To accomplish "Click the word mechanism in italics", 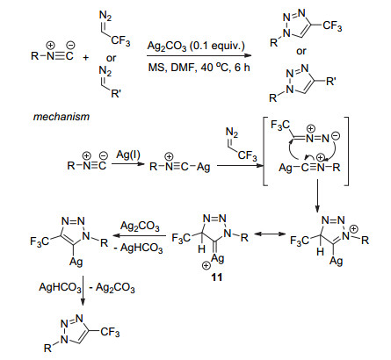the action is coord(62,117).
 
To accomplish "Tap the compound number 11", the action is coord(217,277).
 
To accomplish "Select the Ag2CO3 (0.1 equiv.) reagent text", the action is coord(196,47).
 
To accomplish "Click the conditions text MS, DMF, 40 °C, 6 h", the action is coord(199,68).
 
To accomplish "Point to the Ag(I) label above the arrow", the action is coord(128,154).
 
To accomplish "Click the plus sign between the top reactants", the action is coord(85,57).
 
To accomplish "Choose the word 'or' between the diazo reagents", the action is coord(111,58).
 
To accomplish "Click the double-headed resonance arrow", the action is coord(270,234).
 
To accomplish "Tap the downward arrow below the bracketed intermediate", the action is coord(317,196).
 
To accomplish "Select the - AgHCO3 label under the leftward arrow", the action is coord(138,248).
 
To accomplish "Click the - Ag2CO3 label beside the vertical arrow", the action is coord(112,287).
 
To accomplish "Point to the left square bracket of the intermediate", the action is coord(265,151).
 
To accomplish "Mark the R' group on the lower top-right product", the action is coord(330,81).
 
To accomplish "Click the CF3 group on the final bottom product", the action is coord(110,332).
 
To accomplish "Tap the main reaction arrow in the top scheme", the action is coord(199,55).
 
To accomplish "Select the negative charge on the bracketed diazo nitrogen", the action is coord(337,135).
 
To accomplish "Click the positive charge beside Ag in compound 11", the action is coord(206,265).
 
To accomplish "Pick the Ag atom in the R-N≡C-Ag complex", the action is coord(203,167).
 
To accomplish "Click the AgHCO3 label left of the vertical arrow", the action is coord(60,287).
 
